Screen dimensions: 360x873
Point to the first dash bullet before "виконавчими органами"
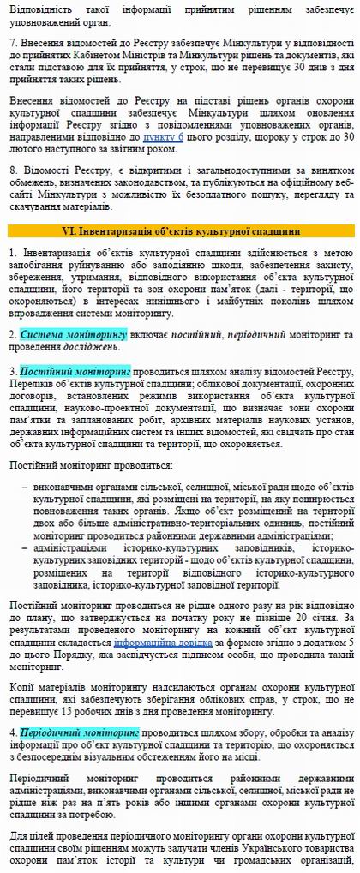coord(25,486)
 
